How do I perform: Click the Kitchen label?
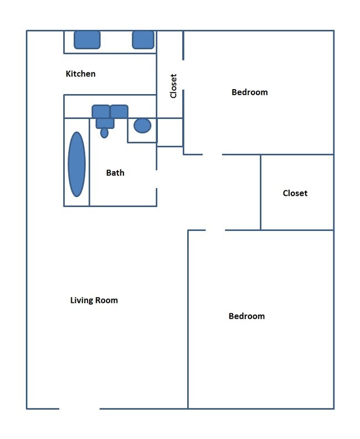click(80, 74)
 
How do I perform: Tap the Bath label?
click(115, 173)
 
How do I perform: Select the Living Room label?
click(94, 301)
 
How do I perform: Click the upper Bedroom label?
click(249, 92)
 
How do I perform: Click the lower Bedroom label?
click(246, 316)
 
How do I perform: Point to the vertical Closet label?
click(173, 86)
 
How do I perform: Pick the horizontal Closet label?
click(295, 193)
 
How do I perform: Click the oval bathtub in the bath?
click(77, 164)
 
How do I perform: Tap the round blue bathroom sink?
click(142, 126)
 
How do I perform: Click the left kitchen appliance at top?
click(87, 39)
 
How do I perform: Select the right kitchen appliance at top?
click(143, 39)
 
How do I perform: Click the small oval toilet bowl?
click(104, 133)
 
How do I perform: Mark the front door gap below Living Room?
click(79, 409)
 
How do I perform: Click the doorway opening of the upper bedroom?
click(212, 154)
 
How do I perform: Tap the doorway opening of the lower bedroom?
click(215, 230)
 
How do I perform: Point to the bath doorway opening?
click(157, 179)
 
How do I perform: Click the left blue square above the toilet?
click(101, 111)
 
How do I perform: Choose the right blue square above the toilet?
click(119, 111)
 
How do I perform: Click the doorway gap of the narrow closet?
click(183, 75)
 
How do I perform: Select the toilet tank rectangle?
click(105, 123)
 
